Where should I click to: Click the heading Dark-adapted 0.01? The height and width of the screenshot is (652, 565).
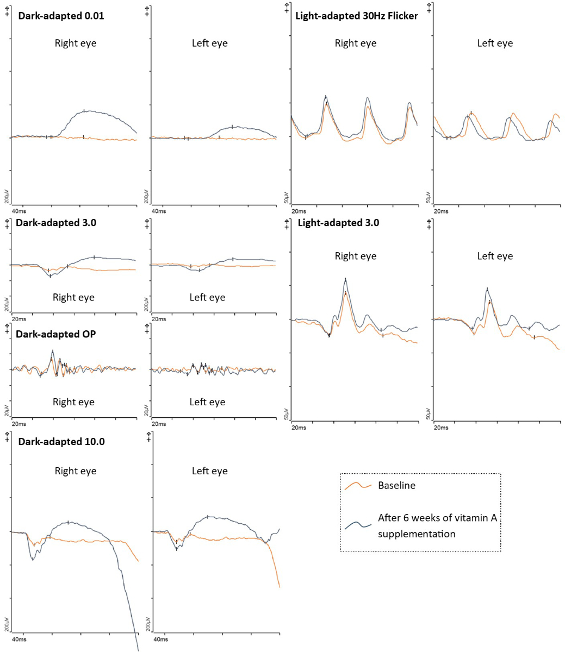click(x=61, y=16)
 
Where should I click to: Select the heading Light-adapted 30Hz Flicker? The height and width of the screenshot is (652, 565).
click(x=357, y=16)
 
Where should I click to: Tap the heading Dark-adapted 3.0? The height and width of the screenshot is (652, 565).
click(x=57, y=222)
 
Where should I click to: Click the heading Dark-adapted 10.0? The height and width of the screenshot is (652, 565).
click(x=61, y=442)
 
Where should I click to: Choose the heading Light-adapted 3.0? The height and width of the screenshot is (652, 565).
click(x=337, y=222)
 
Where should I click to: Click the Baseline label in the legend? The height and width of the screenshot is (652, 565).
click(x=396, y=485)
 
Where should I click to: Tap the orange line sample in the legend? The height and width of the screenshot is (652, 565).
click(x=358, y=485)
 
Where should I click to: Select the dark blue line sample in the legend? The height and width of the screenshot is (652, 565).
click(x=358, y=525)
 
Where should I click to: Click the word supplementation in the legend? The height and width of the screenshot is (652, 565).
click(x=417, y=534)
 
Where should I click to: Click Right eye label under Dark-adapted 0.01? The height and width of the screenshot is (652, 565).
click(x=76, y=43)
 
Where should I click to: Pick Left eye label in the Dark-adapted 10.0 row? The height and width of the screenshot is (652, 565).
click(x=209, y=471)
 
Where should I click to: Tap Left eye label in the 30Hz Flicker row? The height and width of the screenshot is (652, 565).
click(x=495, y=43)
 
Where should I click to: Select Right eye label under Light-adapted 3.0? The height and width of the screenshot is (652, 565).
click(x=356, y=256)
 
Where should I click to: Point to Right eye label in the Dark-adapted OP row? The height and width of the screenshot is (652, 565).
click(x=73, y=402)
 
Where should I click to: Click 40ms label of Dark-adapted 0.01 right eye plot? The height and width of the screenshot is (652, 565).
click(x=18, y=211)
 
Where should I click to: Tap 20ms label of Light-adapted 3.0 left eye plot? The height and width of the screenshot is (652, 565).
click(x=440, y=428)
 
